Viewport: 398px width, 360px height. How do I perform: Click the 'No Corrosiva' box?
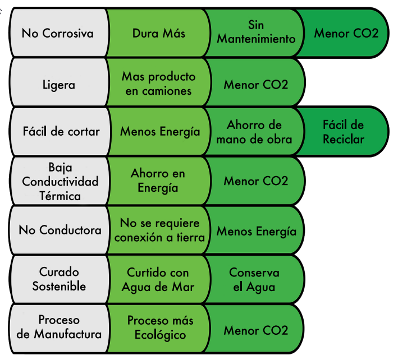tap(58, 33)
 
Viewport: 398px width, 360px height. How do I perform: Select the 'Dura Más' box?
tap(159, 33)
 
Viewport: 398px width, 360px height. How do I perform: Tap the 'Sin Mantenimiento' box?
tap(256, 33)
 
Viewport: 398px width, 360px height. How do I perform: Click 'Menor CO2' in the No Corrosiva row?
tap(346, 33)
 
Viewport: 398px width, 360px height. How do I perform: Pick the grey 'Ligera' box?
tap(58, 85)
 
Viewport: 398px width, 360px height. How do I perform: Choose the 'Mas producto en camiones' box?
tap(159, 83)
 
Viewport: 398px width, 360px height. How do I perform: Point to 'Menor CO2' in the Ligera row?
tap(256, 85)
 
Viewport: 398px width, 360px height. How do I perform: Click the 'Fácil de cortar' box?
tap(58, 132)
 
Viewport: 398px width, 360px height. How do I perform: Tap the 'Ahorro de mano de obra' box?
tap(255, 132)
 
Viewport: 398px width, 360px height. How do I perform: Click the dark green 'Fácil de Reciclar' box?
tap(344, 132)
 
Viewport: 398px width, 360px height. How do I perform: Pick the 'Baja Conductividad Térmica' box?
tap(58, 181)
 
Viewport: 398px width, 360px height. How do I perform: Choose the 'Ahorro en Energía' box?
tap(158, 181)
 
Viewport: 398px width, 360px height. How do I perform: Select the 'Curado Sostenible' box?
tap(58, 279)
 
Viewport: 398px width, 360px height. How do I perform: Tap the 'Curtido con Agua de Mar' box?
tap(159, 279)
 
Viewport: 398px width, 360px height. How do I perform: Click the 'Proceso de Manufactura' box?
tap(58, 327)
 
